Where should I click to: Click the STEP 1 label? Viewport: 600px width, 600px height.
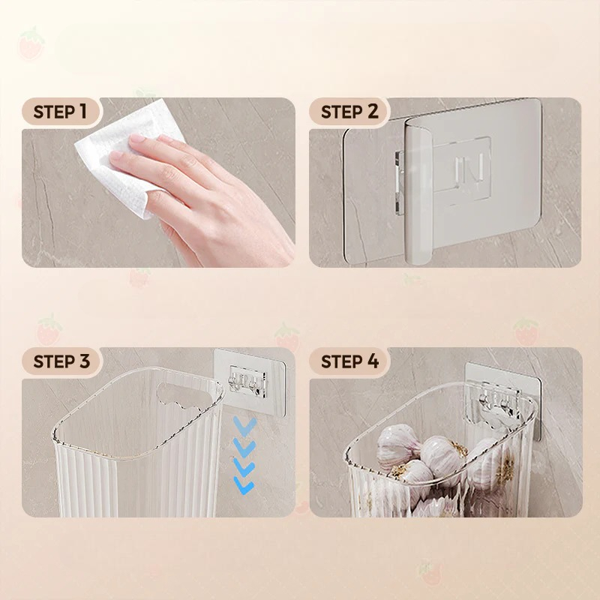coord(60,112)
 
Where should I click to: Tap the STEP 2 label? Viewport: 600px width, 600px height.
coord(349,112)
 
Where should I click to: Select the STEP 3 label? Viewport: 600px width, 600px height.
coord(61,361)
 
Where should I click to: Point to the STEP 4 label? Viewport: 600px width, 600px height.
coord(349,361)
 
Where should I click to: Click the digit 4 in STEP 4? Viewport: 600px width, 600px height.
coord(373,361)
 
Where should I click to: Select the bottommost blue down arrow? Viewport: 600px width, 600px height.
coord(244,485)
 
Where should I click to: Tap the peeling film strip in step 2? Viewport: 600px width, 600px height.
coord(418,191)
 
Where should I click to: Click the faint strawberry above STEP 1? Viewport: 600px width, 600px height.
coord(31,43)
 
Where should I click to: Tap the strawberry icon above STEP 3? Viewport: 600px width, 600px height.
coord(49,330)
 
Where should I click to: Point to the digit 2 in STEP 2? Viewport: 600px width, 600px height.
coord(372,112)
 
